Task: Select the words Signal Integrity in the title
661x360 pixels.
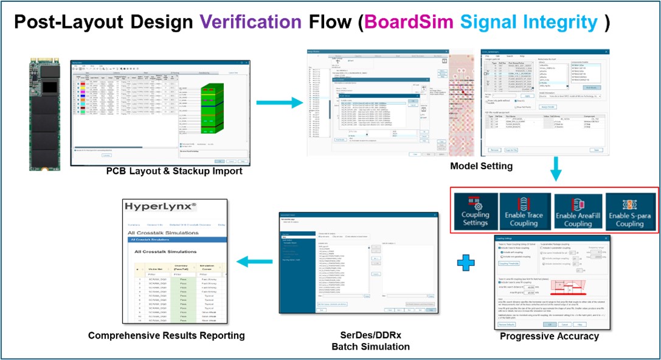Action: click(529, 23)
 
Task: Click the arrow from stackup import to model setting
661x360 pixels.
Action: click(277, 101)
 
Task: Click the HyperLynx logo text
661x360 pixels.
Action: click(160, 207)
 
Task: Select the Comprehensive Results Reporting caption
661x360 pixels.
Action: click(166, 335)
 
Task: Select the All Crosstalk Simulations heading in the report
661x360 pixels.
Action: click(166, 251)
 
